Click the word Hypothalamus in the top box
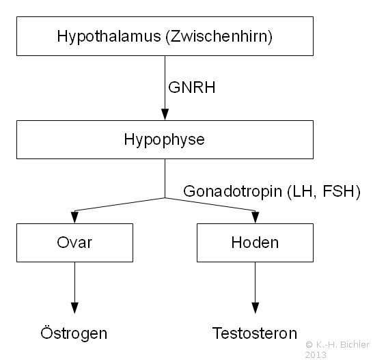tap(109, 37)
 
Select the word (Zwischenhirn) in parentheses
tap(219, 37)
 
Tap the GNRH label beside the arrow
tap(192, 87)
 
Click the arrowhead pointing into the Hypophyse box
tap(165, 115)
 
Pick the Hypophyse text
tap(164, 140)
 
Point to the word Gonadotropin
tap(233, 191)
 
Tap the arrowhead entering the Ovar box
tap(74, 217)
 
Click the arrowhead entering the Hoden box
tap(255, 217)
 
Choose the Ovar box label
tap(74, 243)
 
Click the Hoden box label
tap(255, 243)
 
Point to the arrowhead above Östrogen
tap(74, 308)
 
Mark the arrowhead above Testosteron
tap(255, 308)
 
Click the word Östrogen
tap(74, 333)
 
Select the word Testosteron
tap(255, 333)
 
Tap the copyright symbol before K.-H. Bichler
tap(309, 344)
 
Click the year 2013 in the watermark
tap(316, 355)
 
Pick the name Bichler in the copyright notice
tap(355, 344)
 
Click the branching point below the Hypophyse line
tap(165, 197)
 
